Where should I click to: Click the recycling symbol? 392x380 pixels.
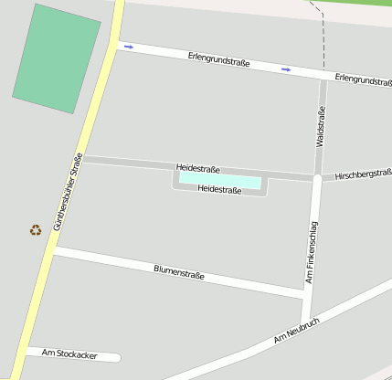pos(36,230)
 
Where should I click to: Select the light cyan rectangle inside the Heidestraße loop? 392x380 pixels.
pos(219,180)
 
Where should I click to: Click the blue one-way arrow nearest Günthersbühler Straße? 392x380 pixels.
pos(128,47)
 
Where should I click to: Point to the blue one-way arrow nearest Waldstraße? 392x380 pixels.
pos(287,69)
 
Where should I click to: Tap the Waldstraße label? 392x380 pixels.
pos(321,127)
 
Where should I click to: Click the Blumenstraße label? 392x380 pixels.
pos(179,271)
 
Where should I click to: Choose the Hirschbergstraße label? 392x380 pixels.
pos(363,174)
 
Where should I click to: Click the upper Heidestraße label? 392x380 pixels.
pos(198,168)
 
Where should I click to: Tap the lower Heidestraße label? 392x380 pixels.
pos(219,190)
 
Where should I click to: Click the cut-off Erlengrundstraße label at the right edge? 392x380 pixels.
pos(363,80)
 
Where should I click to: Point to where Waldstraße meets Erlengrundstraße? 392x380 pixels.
pos(323,75)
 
